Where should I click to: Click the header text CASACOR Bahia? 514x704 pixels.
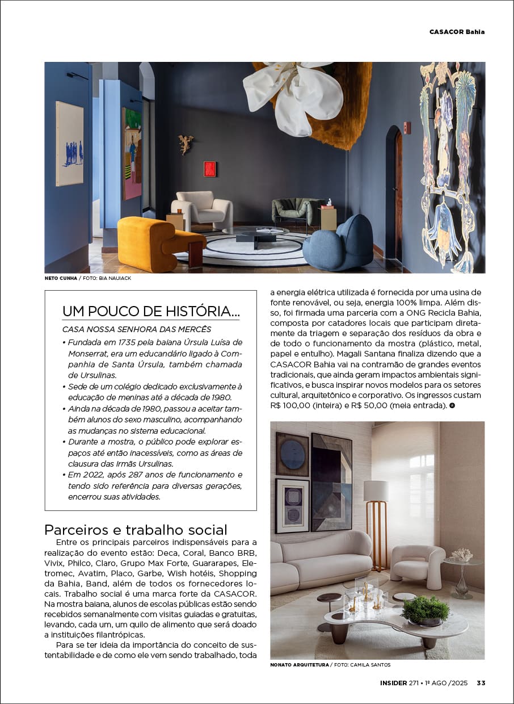[457, 32]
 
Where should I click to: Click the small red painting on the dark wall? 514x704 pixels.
[210, 169]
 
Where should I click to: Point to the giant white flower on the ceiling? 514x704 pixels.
[294, 90]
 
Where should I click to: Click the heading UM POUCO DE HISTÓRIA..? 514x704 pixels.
[150, 311]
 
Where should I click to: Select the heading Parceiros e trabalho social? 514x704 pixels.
[136, 530]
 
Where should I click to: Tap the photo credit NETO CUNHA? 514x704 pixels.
[60, 278]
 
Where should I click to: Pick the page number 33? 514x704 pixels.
[481, 683]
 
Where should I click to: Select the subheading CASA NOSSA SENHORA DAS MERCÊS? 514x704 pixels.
[136, 329]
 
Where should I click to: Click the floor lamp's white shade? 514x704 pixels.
[376, 491]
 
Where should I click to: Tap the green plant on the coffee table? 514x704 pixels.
[425, 609]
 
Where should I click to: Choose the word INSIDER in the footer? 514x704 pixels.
[393, 683]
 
